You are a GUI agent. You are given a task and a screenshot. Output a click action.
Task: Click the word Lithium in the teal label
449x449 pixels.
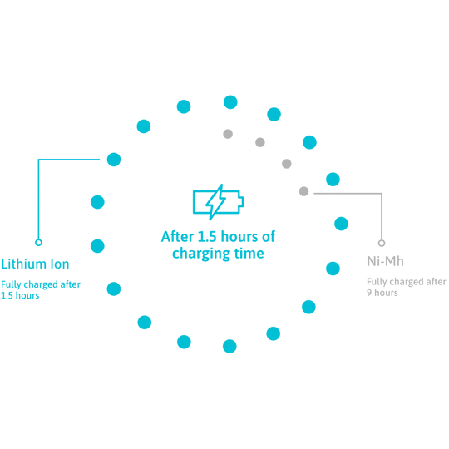coord(24,264)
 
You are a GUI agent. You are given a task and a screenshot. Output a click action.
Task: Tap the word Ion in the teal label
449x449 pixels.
coord(60,264)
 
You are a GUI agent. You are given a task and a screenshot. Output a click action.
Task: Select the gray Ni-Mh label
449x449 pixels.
coord(385,261)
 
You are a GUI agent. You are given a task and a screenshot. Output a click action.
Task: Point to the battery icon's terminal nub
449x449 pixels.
coord(241,201)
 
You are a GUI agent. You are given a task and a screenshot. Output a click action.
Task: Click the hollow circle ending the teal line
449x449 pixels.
coord(38,243)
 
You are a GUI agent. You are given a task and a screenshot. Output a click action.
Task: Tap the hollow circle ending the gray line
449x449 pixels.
coord(382,243)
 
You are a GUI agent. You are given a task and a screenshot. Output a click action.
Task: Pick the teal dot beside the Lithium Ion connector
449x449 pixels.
coord(114,160)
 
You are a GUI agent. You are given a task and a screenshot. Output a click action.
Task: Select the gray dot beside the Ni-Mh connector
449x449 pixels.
coord(303,191)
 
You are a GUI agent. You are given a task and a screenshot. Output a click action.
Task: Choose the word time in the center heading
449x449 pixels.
coord(249,254)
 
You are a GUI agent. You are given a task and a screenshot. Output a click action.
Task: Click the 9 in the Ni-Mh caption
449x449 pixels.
coord(369,293)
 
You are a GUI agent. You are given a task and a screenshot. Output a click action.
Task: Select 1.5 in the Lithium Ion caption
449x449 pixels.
coord(7,295)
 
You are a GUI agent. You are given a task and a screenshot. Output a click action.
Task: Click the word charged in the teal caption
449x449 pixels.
coord(41,284)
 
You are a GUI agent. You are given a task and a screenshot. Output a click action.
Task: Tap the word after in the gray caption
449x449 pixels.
coord(437,282)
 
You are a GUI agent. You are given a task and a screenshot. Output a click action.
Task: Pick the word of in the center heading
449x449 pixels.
coord(269,236)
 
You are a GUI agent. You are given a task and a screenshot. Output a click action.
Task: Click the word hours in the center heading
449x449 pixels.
coord(239,236)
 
